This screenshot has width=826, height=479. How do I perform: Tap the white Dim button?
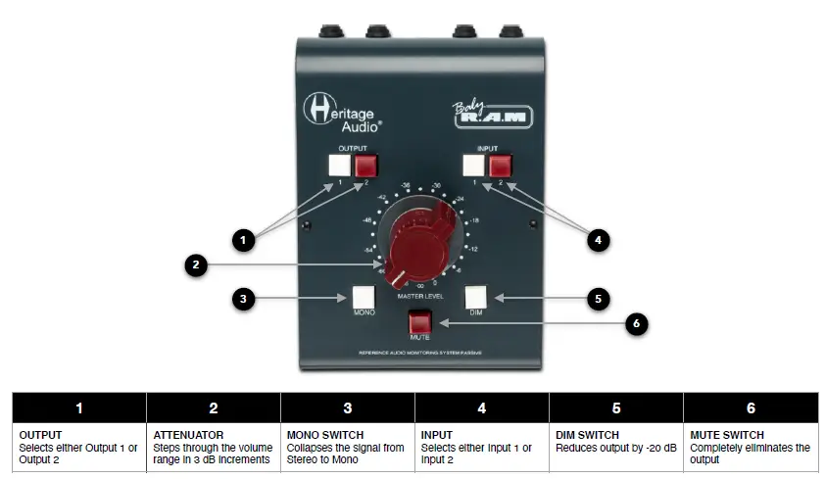point(476,297)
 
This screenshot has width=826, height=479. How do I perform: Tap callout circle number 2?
point(198,263)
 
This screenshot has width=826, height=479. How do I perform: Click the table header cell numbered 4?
point(482,407)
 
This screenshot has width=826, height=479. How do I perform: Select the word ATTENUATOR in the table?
point(186,435)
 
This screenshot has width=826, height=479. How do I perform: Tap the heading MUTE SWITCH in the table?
point(726,435)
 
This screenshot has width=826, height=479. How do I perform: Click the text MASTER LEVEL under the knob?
point(420,294)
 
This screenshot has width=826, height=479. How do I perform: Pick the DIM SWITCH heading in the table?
point(586,435)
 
